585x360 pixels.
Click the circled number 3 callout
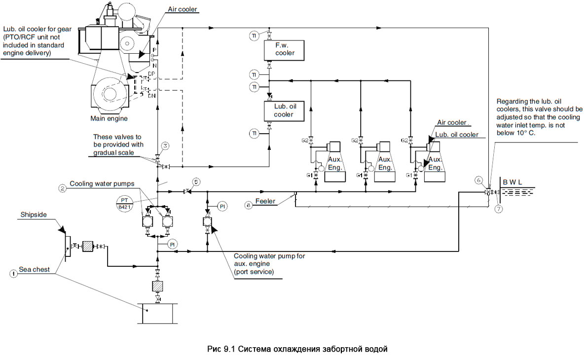[x=166, y=146]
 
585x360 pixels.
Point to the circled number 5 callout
[x=196, y=182]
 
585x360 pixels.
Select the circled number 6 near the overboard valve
[x=478, y=180]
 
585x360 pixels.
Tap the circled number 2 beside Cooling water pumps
[x=62, y=188]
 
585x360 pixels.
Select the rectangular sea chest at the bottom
[x=157, y=314]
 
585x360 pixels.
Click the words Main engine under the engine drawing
[x=109, y=118]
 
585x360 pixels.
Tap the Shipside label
[x=33, y=215]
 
